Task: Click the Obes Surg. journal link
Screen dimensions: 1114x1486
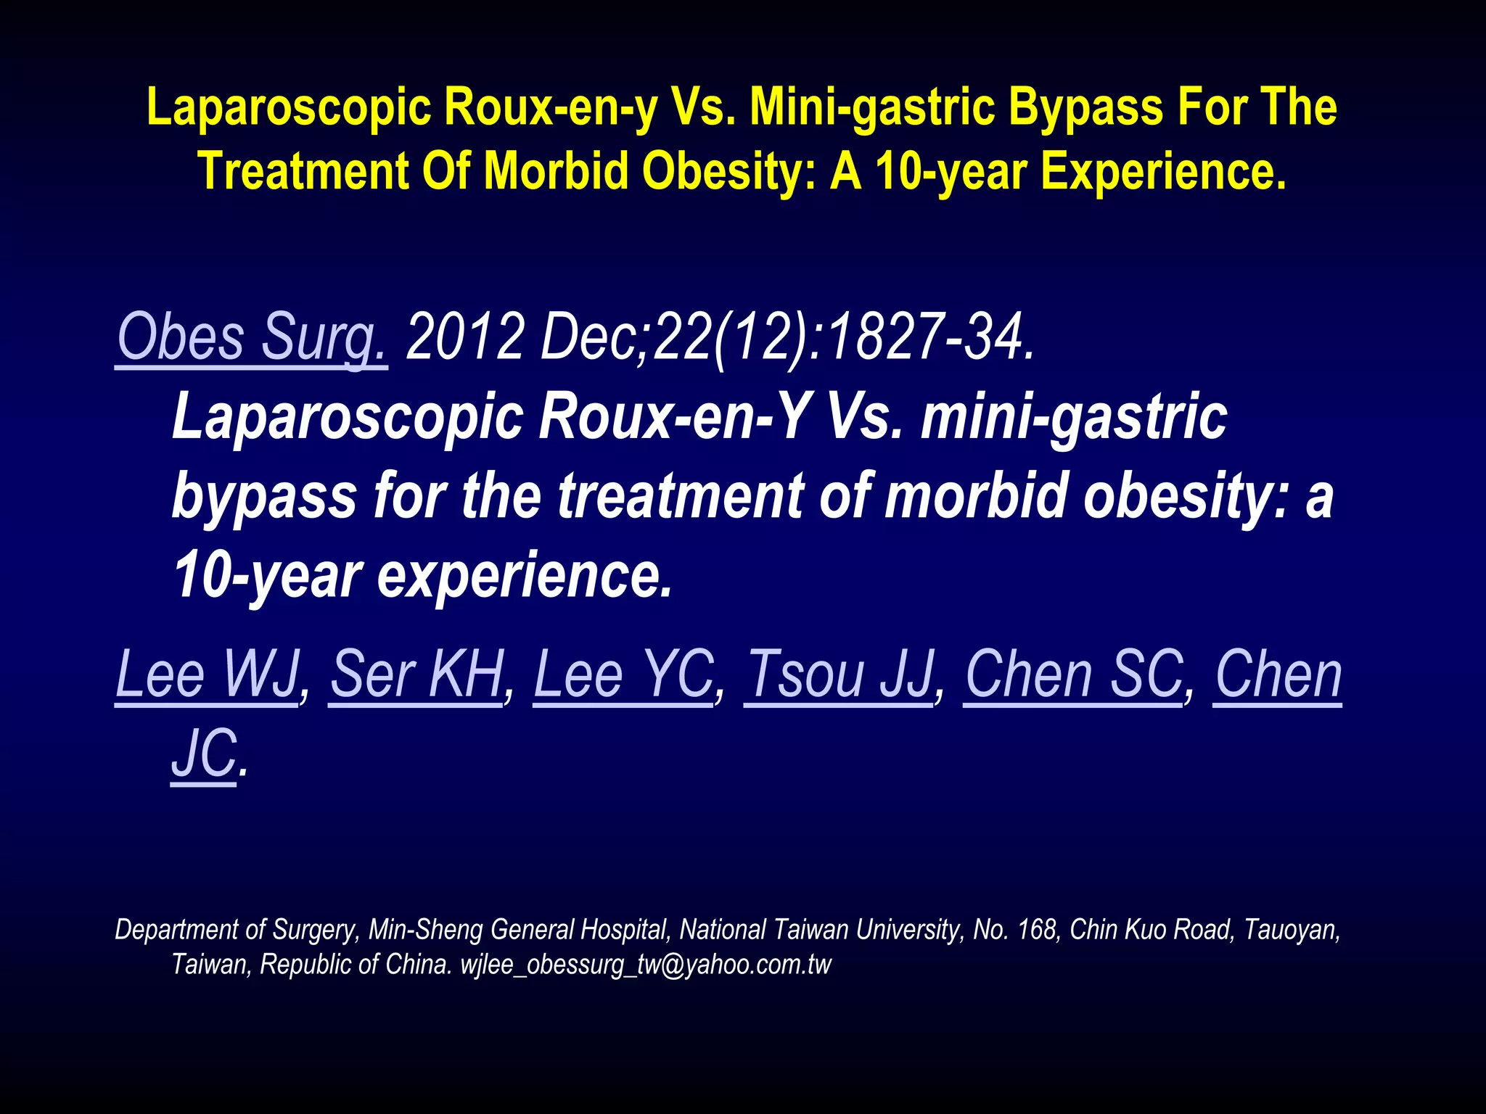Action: click(x=252, y=337)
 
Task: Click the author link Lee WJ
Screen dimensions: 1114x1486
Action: click(x=208, y=674)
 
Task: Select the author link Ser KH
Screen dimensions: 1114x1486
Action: click(x=417, y=674)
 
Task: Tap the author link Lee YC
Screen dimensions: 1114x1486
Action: click(x=624, y=674)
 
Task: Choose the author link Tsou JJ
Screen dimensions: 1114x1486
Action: click(x=840, y=674)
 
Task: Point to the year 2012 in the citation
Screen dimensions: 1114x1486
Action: click(x=465, y=337)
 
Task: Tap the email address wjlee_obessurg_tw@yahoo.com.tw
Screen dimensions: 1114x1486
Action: click(x=646, y=965)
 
